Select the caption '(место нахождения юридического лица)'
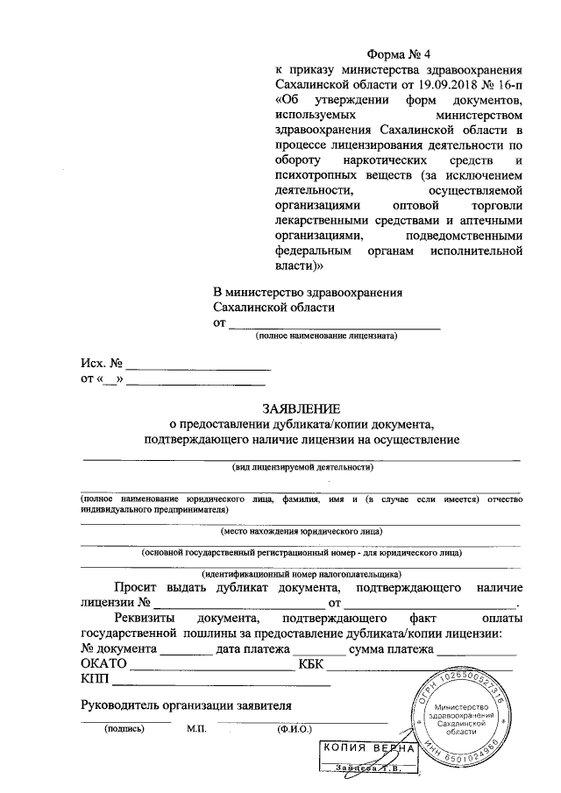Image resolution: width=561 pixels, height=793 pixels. [x=302, y=531]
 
